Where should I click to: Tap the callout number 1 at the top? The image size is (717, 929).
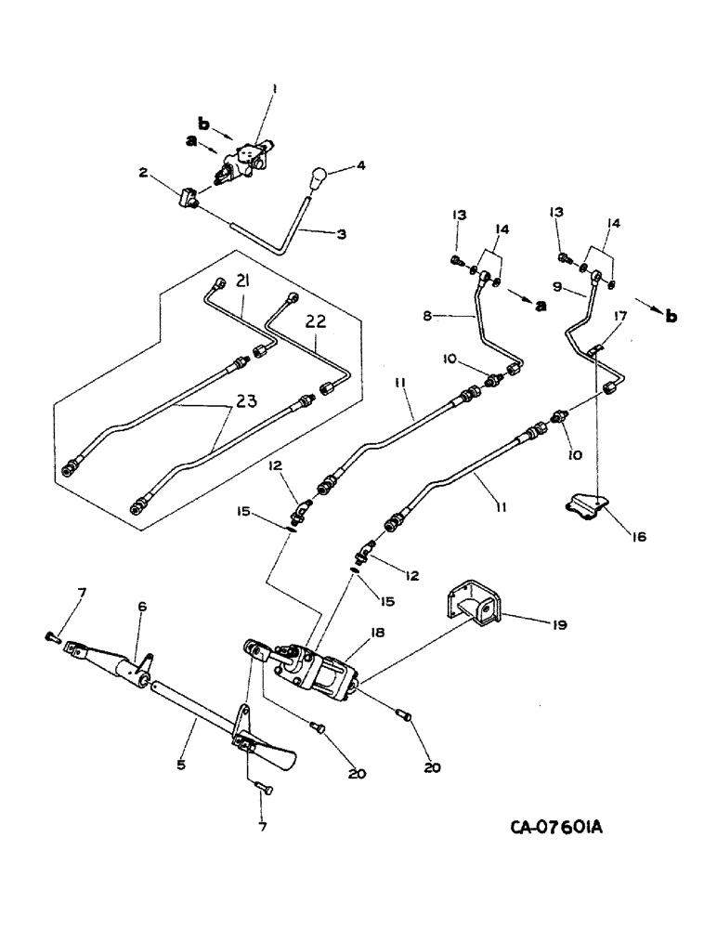click(x=273, y=90)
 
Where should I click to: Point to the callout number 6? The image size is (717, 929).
click(x=142, y=605)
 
